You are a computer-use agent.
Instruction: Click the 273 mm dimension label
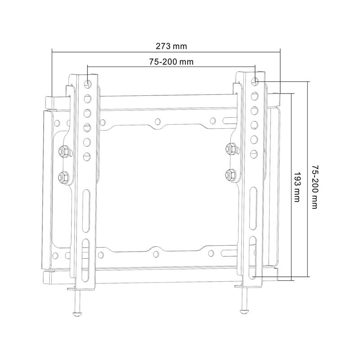[x=171, y=46]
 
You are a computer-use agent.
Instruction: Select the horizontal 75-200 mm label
[x=171, y=62]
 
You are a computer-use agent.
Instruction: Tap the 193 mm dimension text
[x=297, y=187]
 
